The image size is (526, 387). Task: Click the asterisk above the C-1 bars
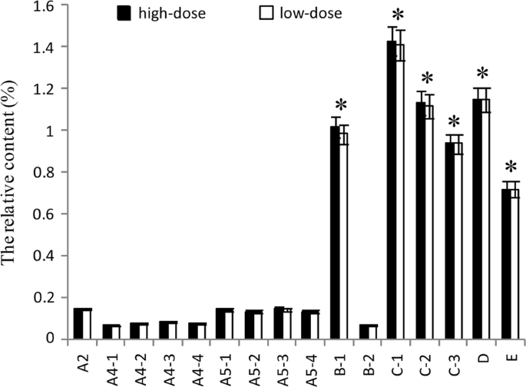point(397,16)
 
